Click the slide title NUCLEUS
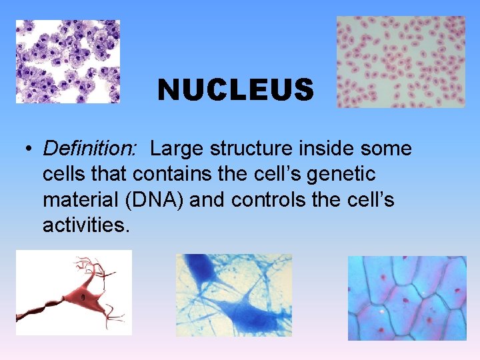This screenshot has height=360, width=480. tap(235, 89)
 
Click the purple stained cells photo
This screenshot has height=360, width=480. tap(68, 61)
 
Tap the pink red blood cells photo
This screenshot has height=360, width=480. tap(401, 62)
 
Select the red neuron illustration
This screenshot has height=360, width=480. tap(74, 293)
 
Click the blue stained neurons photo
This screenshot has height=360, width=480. tap(234, 295)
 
